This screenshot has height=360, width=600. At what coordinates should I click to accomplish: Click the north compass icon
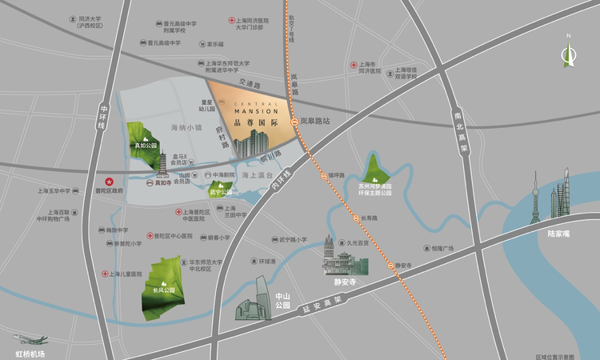569,53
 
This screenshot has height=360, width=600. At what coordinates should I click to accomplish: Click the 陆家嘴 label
558,234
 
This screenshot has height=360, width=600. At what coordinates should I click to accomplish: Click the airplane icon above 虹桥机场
29,340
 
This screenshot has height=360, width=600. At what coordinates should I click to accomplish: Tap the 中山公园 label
281,300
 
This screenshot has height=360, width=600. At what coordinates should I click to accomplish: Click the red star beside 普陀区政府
110,181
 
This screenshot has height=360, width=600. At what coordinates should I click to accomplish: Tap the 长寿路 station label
369,217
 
